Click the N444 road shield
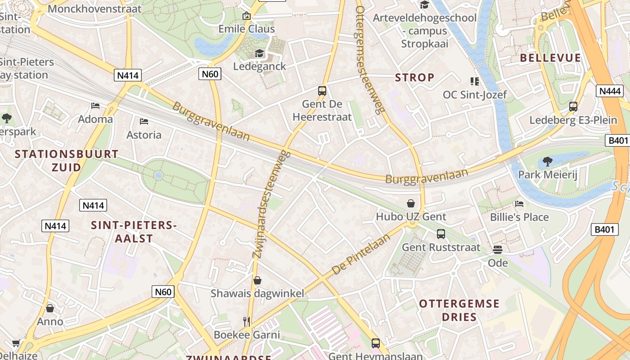[610, 91]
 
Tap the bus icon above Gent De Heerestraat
[322, 90]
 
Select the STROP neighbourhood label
[414, 77]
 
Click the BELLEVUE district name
[550, 58]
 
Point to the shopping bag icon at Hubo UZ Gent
[410, 203]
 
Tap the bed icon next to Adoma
[95, 106]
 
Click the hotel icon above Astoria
[144, 121]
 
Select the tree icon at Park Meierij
[547, 161]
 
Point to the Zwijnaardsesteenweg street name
[271, 205]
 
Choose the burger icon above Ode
[498, 249]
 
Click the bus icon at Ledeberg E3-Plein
[573, 107]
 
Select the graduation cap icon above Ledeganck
[260, 54]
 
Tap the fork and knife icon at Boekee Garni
[246, 321]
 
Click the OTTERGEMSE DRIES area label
[459, 310]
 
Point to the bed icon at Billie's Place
[519, 204]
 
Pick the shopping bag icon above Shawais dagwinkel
[257, 280]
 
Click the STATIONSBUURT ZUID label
[67, 161]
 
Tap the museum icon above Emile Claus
[247, 16]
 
